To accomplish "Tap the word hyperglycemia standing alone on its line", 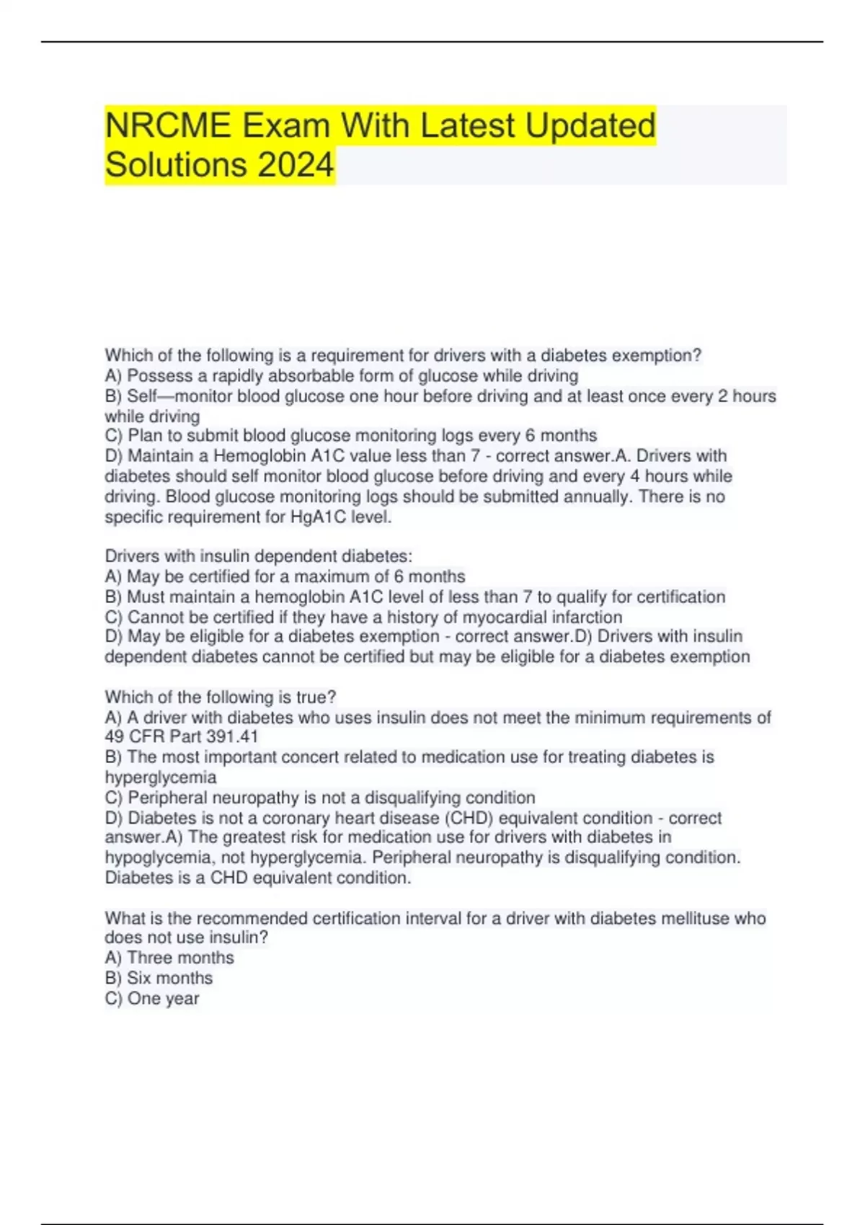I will (160, 778).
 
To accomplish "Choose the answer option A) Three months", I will (169, 958).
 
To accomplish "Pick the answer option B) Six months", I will (159, 979).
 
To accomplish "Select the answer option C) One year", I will (152, 999).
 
